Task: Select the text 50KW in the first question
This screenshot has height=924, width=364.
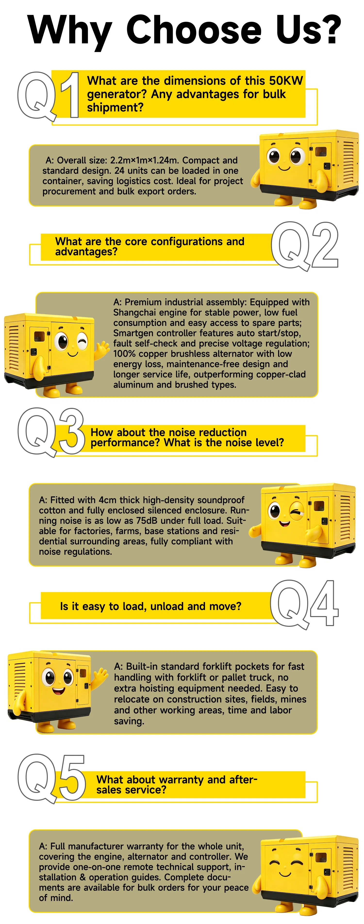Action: pos(286,81)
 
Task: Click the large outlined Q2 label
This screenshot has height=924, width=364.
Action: pos(305,246)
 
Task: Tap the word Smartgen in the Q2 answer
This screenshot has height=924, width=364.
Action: pos(134,333)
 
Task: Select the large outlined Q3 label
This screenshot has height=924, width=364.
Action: pos(51,432)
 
